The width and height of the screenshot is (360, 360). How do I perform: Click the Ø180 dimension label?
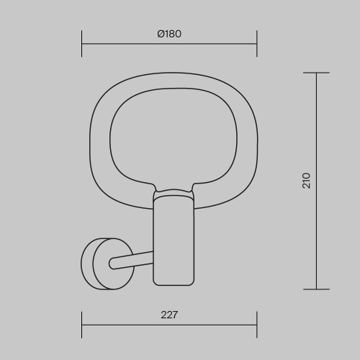(169, 34)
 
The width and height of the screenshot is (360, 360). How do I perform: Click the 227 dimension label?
(169, 315)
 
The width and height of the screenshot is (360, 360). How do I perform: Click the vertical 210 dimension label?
(306, 181)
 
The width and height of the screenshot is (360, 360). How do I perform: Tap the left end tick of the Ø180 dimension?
(82, 44)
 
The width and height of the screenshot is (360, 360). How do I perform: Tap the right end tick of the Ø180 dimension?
(257, 44)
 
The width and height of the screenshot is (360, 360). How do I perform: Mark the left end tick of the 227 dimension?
(82, 325)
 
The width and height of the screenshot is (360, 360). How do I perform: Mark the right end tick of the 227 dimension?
(257, 325)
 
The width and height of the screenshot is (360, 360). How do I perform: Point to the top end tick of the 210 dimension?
(316, 73)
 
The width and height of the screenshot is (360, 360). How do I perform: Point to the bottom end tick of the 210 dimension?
(316, 289)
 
